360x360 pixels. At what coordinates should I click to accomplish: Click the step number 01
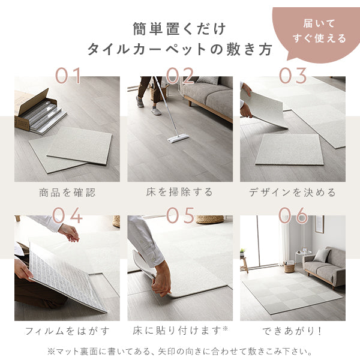click(x=67, y=76)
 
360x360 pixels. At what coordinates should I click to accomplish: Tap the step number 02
click(x=180, y=76)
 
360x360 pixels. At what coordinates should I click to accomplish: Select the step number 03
click(x=293, y=76)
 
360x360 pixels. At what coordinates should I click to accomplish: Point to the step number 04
click(x=67, y=215)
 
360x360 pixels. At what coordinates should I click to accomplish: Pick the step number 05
click(x=180, y=215)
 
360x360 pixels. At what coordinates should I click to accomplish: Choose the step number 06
click(x=293, y=215)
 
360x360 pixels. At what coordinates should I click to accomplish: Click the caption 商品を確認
click(x=67, y=193)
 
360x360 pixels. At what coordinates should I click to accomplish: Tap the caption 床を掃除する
click(x=180, y=193)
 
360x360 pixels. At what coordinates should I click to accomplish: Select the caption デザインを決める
click(x=293, y=193)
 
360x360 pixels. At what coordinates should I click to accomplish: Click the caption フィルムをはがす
click(x=67, y=331)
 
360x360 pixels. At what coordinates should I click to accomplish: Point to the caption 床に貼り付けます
click(x=180, y=331)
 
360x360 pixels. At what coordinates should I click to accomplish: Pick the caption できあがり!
click(x=293, y=331)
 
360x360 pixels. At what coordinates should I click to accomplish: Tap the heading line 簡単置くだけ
click(x=179, y=28)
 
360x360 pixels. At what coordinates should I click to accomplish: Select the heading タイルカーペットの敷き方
click(x=179, y=49)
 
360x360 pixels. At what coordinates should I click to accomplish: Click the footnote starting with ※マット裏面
click(x=180, y=351)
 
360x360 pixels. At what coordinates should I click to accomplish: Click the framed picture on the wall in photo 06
click(x=319, y=224)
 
